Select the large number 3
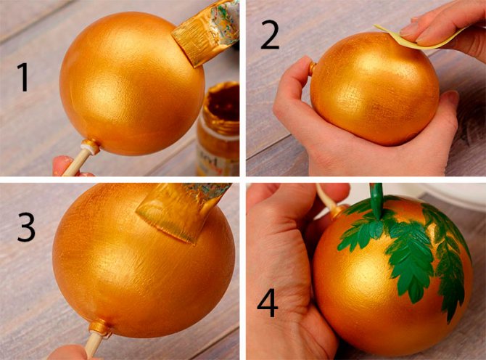pos(26,227)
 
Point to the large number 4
pos(268,303)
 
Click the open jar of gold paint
pos(218,128)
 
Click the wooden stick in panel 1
pos(75,163)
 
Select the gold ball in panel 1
pos(132,83)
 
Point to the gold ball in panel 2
pos(376,89)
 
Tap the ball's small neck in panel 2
pos(313,67)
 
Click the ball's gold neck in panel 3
pos(99,327)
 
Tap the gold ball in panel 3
pos(143,261)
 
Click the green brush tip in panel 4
pos(376,202)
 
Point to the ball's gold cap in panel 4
pos(339,211)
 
